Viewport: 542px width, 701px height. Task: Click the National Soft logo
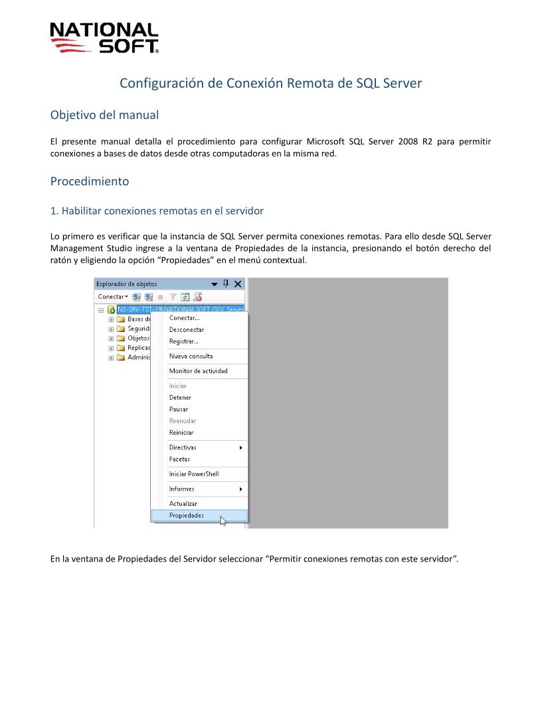[x=104, y=38]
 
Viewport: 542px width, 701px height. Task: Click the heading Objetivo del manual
[x=104, y=115]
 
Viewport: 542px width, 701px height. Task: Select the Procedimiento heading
[x=90, y=181]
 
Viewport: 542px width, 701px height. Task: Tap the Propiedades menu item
[x=187, y=516]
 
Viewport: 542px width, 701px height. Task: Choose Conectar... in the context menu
[x=184, y=318]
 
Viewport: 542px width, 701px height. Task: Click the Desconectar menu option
[x=187, y=330]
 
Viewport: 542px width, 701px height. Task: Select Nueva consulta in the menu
[x=191, y=356]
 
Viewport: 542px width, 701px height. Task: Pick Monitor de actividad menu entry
[x=198, y=371]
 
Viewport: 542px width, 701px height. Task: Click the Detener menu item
[x=180, y=398]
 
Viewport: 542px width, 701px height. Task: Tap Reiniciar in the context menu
[x=181, y=433]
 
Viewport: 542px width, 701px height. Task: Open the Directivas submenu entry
[x=183, y=447]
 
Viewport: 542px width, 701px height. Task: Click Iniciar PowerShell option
[x=193, y=474]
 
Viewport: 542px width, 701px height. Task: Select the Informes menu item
[x=181, y=489]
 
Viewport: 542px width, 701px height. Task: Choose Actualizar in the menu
[x=183, y=504]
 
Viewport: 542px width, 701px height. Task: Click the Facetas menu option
[x=179, y=459]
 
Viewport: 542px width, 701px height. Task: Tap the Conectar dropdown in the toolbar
[x=113, y=297]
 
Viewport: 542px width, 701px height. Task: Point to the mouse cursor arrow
[x=223, y=520]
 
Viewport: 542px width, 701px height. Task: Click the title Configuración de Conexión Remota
[x=270, y=83]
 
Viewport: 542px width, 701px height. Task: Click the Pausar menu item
[x=179, y=410]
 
